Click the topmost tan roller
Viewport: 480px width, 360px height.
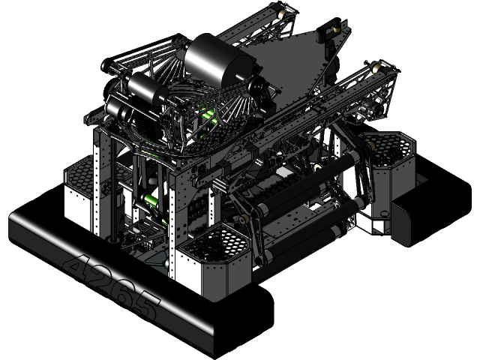click(x=285, y=13)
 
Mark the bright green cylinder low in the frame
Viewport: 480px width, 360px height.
click(x=150, y=201)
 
